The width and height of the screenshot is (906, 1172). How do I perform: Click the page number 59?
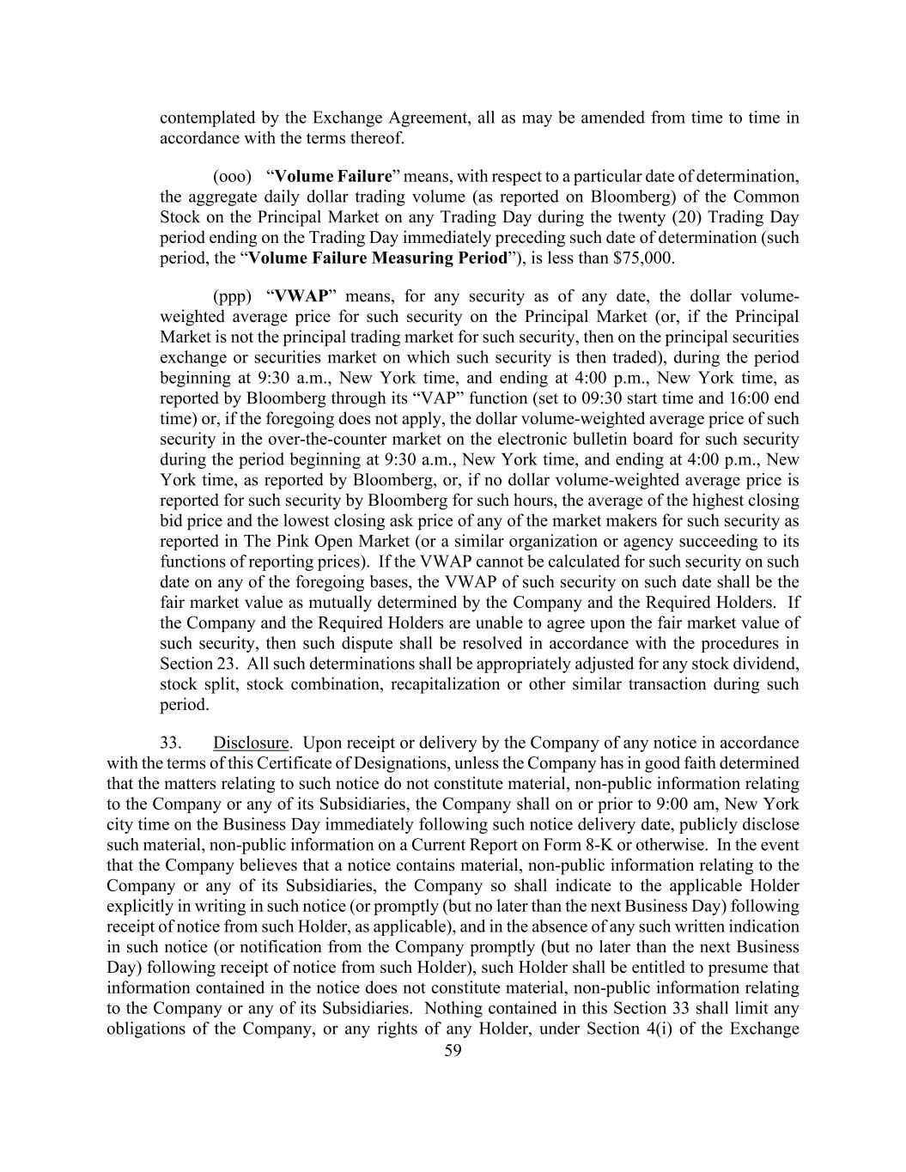click(453, 1050)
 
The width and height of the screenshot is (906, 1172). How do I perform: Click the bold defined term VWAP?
click(301, 296)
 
